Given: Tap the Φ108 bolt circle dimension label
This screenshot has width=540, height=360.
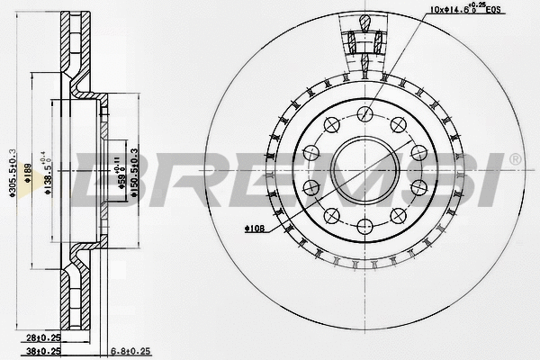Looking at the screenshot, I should [x=255, y=230].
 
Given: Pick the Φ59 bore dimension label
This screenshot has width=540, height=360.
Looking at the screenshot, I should [x=121, y=175].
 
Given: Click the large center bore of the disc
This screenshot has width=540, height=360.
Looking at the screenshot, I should [x=365, y=170].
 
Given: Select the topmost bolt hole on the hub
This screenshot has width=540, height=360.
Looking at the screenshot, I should [x=365, y=113].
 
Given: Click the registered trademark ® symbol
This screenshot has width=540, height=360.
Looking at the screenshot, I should [x=515, y=159].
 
